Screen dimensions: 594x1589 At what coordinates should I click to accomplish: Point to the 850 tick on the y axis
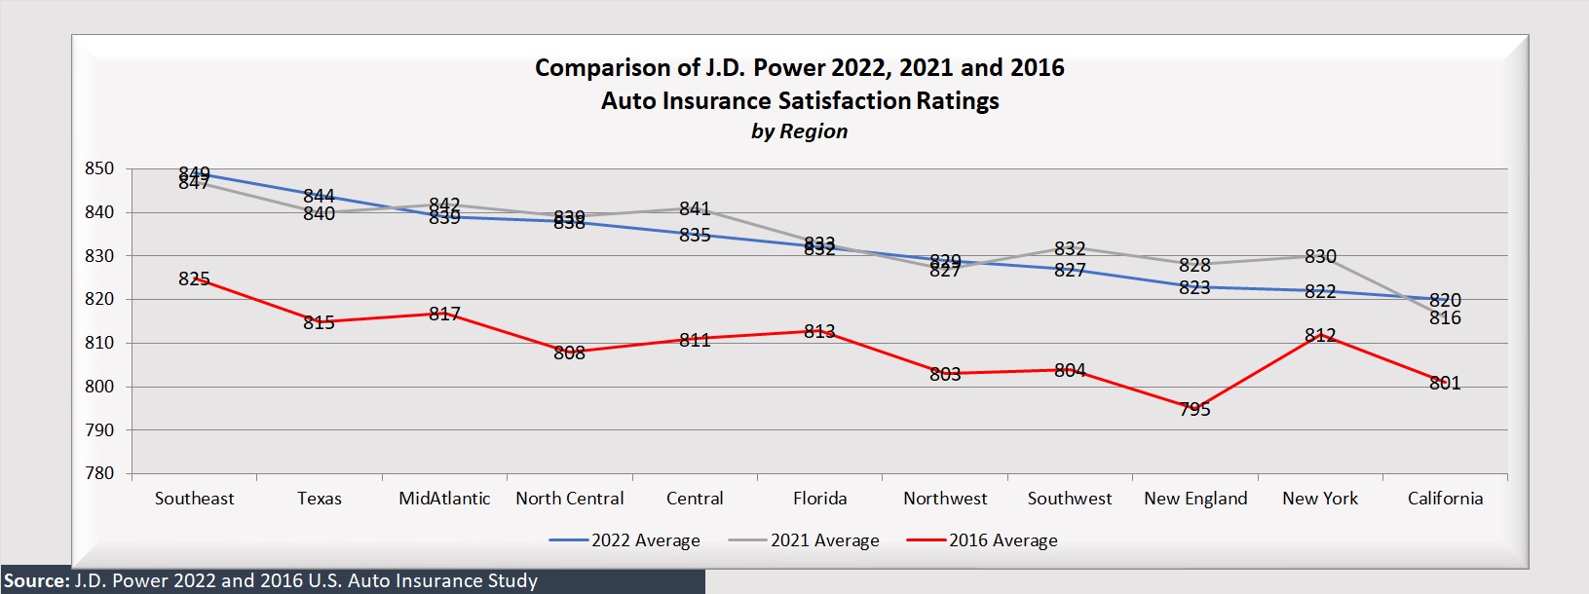(x=99, y=168)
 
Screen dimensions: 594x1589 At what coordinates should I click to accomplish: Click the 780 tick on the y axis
(x=99, y=473)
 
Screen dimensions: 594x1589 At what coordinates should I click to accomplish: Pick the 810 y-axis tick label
(x=99, y=343)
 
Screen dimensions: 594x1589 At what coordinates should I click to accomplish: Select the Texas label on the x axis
(x=320, y=499)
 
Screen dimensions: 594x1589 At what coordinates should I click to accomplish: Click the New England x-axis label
(x=1195, y=499)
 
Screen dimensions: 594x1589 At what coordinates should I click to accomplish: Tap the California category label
(x=1445, y=499)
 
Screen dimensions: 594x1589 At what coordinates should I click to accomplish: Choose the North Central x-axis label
(x=570, y=499)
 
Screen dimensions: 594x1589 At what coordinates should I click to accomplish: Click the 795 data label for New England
(x=1194, y=410)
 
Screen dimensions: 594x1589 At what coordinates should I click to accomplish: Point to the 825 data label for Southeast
(x=194, y=279)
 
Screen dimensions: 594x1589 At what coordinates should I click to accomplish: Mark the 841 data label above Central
(x=695, y=209)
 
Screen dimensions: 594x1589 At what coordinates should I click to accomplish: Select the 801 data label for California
(x=1445, y=384)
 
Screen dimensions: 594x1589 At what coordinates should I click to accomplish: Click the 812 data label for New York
(x=1320, y=336)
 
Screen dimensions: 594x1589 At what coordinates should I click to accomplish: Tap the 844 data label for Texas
(x=319, y=197)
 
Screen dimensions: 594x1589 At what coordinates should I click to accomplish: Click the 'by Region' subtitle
(x=799, y=131)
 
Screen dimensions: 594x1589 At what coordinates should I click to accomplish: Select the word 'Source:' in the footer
(x=37, y=581)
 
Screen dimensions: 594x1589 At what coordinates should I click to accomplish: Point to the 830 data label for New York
(x=1320, y=257)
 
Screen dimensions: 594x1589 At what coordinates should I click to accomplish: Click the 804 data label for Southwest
(x=1070, y=371)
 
